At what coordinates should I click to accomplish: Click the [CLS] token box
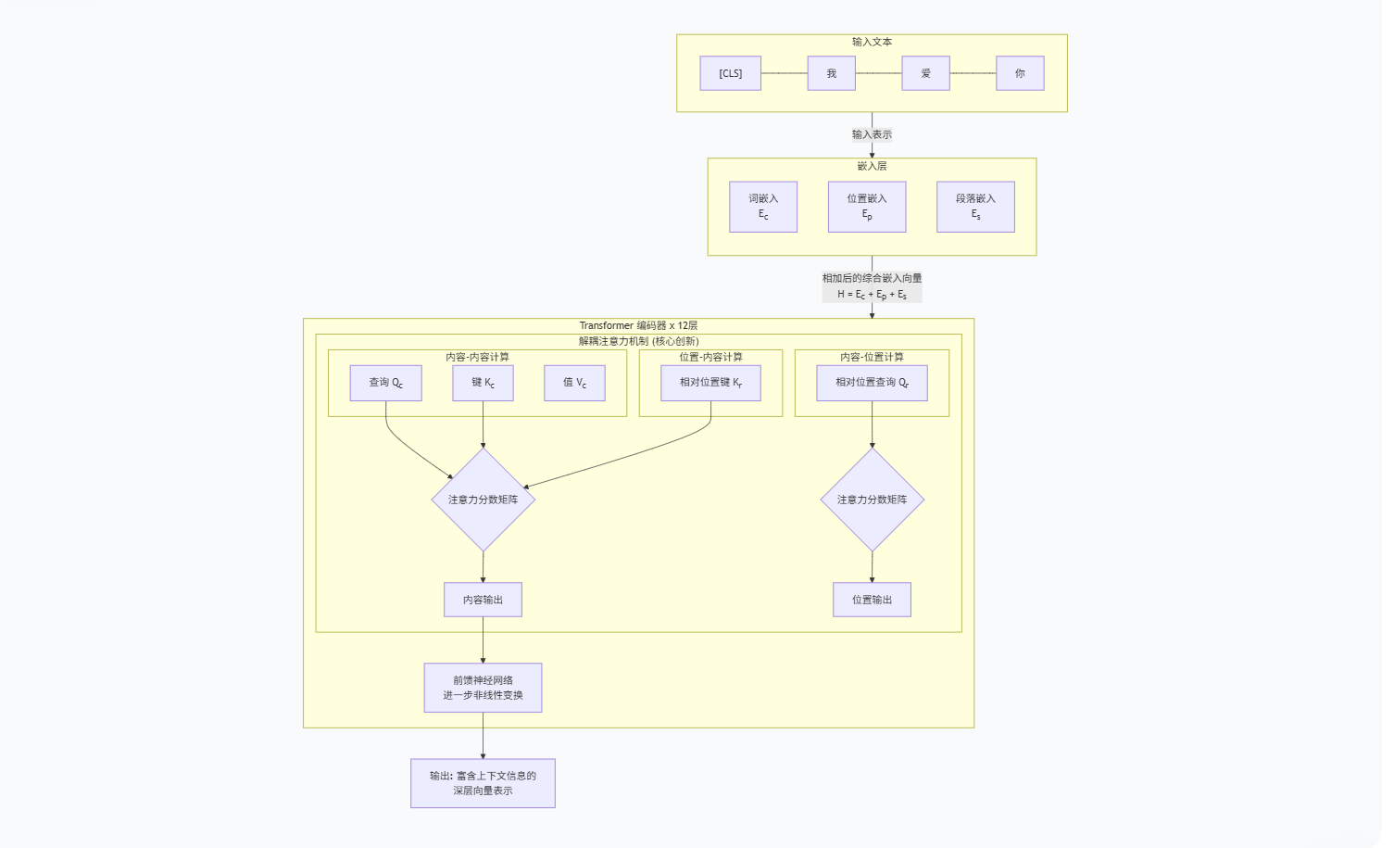click(x=730, y=73)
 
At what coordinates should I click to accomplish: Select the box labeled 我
click(x=831, y=73)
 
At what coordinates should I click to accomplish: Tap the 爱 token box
click(x=925, y=73)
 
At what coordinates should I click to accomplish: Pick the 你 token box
click(x=1020, y=73)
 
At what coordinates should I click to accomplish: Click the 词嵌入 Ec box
click(x=762, y=207)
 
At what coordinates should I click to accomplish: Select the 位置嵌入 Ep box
click(x=866, y=207)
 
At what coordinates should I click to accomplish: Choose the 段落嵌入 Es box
click(x=975, y=207)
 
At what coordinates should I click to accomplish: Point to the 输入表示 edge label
click(x=872, y=134)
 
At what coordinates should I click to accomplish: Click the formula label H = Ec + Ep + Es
click(x=872, y=294)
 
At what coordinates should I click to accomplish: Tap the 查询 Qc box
click(x=385, y=383)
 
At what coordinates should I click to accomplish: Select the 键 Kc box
click(x=483, y=383)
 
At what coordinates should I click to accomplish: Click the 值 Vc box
click(x=574, y=383)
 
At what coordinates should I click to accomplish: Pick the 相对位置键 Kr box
click(x=710, y=383)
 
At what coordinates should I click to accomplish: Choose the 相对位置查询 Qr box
click(x=872, y=383)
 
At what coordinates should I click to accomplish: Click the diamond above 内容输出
click(x=483, y=500)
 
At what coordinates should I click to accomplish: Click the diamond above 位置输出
click(x=872, y=500)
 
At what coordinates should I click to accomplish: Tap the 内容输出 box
click(x=483, y=600)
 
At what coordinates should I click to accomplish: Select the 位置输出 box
click(x=872, y=600)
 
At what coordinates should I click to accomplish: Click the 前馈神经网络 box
click(x=483, y=688)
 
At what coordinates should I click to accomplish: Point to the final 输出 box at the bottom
click(x=483, y=783)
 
